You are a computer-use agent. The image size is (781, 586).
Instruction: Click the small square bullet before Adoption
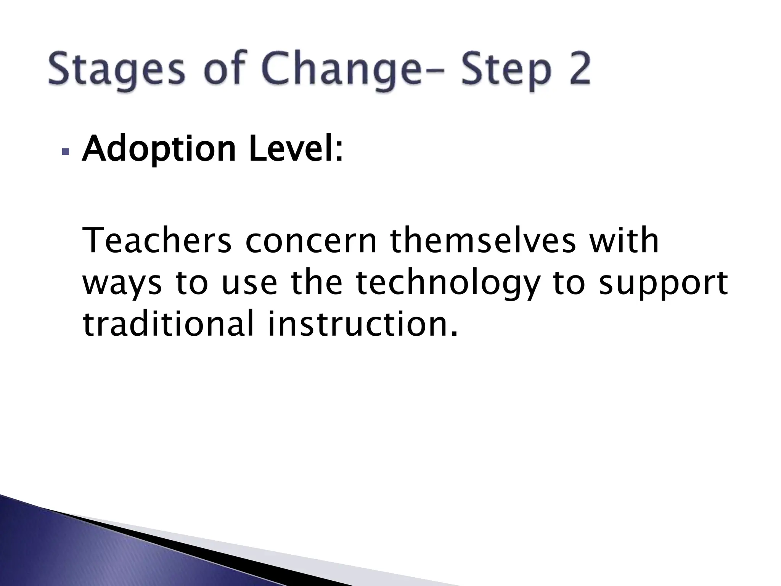(66, 153)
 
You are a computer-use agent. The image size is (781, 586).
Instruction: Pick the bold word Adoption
(159, 150)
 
